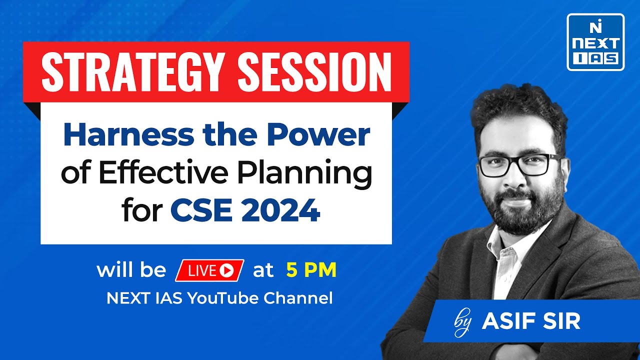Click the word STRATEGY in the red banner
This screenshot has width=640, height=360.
tap(130, 72)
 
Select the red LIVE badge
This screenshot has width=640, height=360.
tap(209, 270)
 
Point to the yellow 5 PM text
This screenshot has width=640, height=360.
tap(311, 270)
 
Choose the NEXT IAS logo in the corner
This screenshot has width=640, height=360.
tap(595, 42)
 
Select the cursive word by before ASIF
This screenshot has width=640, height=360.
tap(463, 323)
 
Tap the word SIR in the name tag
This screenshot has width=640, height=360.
tap(560, 321)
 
